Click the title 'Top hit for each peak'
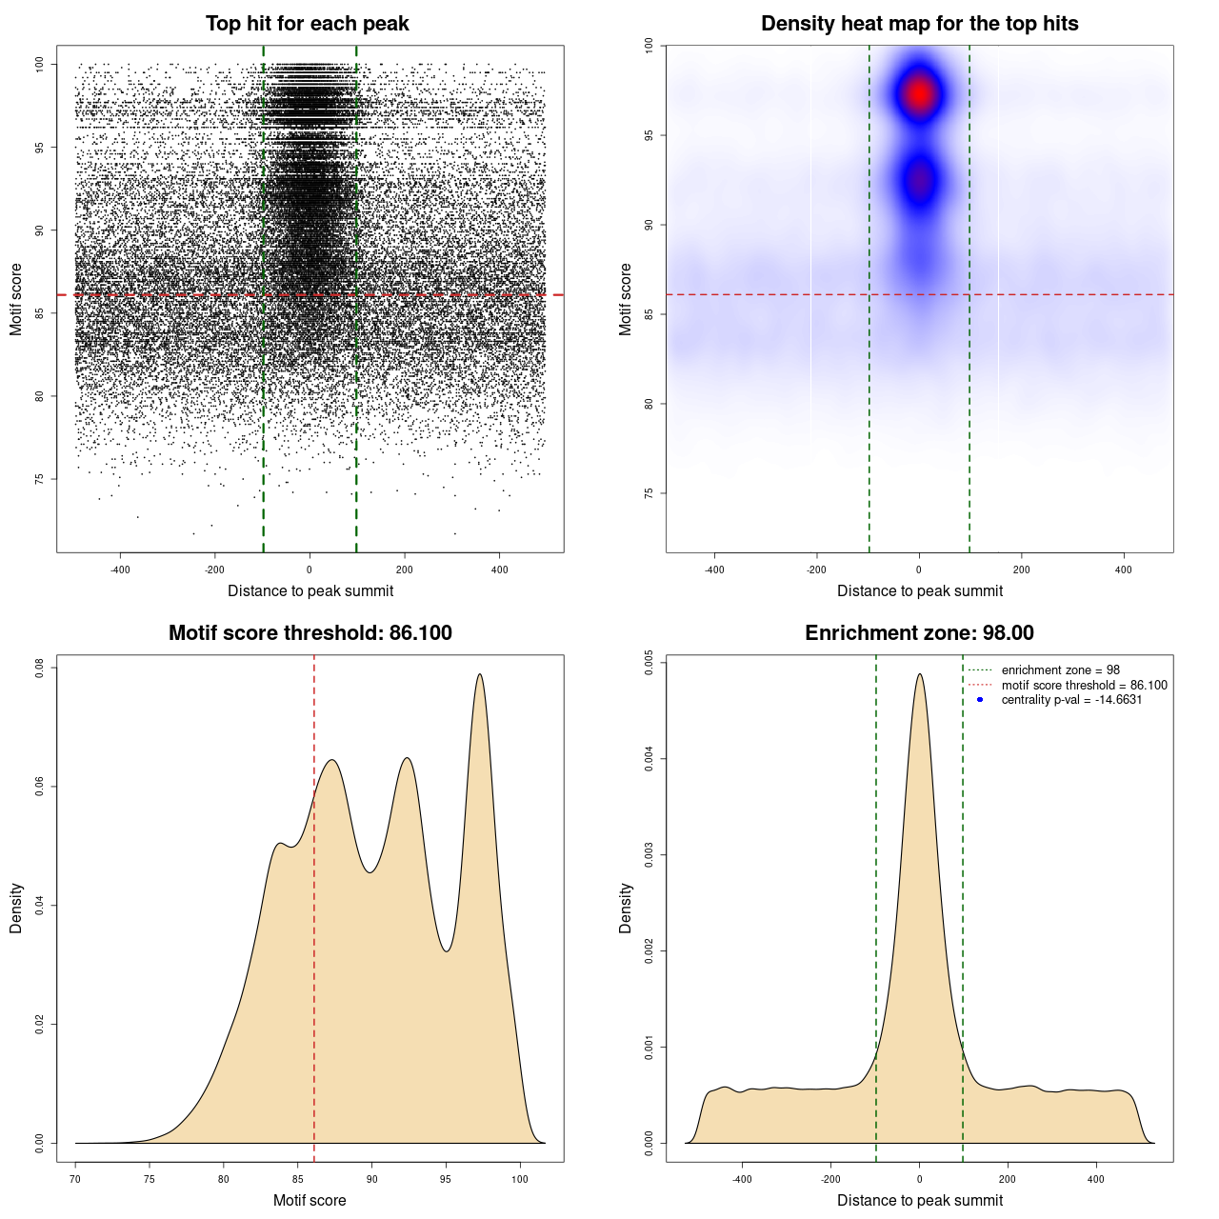(x=307, y=24)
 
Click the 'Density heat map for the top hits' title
(x=919, y=24)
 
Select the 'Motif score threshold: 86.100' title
(x=310, y=633)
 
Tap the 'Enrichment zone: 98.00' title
(x=919, y=633)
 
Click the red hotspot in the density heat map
(x=919, y=93)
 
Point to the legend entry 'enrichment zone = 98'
(x=1060, y=670)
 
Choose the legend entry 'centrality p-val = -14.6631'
(x=1071, y=700)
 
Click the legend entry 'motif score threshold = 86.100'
(x=1084, y=686)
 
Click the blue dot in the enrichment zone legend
(x=980, y=700)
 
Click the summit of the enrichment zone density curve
(x=919, y=674)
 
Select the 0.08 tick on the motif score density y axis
(x=39, y=669)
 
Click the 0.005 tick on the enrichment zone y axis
(x=649, y=663)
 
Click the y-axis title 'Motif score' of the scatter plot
(x=16, y=300)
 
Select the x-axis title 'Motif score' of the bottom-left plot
(x=310, y=1200)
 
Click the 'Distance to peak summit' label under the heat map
(x=919, y=590)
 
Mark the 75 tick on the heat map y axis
(x=649, y=493)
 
